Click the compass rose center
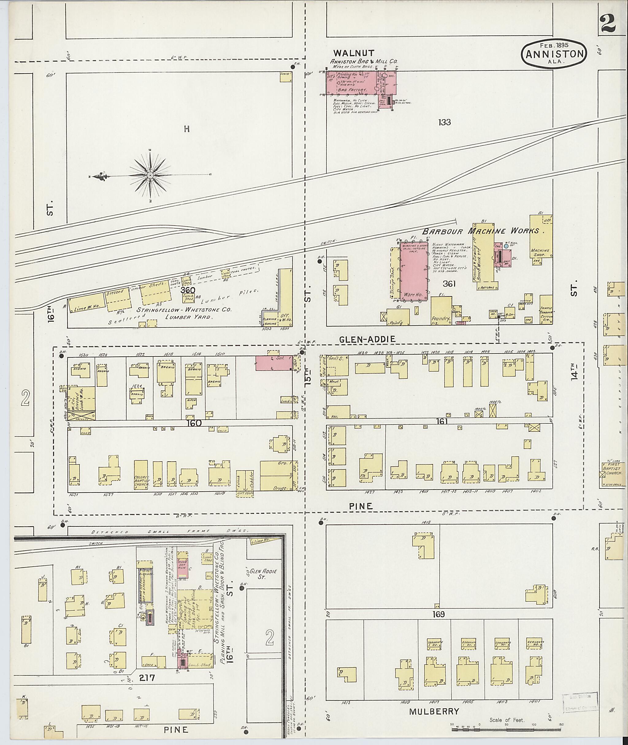click(150, 175)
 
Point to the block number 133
click(445, 122)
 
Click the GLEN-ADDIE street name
click(367, 340)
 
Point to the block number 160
click(193, 423)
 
